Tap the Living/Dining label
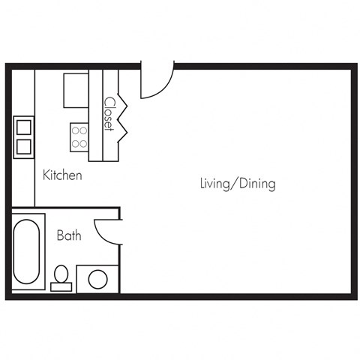238,183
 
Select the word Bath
69,235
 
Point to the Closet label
109,114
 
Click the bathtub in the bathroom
28,250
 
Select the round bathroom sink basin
98,279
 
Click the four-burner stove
80,136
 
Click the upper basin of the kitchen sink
22,124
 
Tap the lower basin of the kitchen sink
22,146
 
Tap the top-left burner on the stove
76,130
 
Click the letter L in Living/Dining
202,182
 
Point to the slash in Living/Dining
235,183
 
